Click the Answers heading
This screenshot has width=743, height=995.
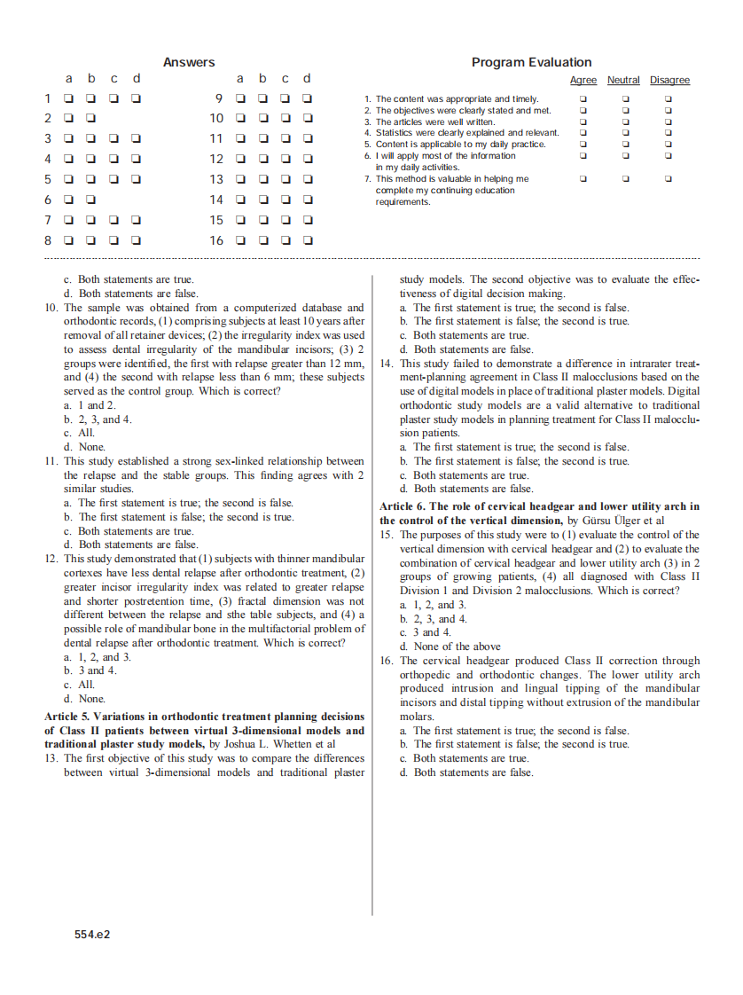189,62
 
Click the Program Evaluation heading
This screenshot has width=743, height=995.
531,62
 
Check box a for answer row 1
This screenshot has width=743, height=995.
68,98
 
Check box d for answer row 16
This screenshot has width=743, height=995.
308,240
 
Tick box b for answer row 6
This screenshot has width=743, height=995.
91,200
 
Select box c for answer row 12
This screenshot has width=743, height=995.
285,160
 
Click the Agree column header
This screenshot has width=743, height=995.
583,81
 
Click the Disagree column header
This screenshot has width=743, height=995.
669,81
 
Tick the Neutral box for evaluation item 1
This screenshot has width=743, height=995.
625,99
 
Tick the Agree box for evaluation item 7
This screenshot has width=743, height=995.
583,178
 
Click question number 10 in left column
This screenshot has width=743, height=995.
51,308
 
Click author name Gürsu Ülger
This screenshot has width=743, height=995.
606,521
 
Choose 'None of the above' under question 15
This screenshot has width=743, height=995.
457,646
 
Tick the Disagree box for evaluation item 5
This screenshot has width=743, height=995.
669,144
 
